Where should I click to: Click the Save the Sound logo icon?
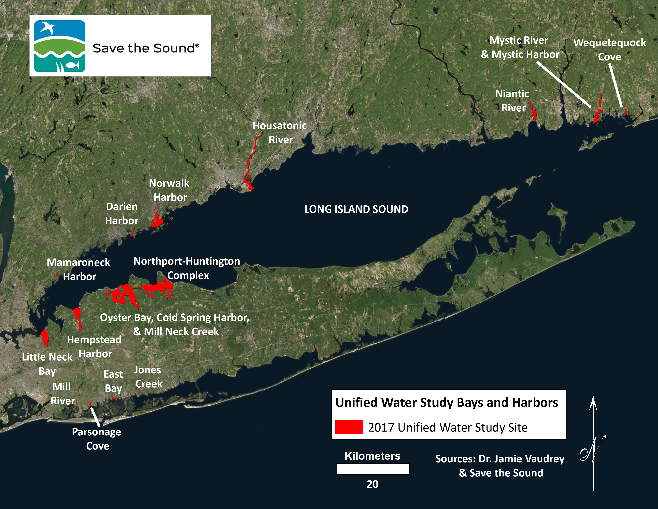click(59, 46)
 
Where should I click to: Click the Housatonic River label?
click(280, 132)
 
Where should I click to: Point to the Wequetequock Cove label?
click(610, 50)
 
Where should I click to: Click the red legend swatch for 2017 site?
click(349, 427)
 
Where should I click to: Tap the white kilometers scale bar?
click(373, 469)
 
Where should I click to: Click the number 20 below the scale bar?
click(372, 484)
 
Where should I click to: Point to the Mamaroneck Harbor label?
click(79, 269)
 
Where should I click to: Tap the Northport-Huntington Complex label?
click(187, 268)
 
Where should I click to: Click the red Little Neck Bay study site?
click(45, 337)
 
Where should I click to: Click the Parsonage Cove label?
click(97, 439)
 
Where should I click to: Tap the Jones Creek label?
click(148, 377)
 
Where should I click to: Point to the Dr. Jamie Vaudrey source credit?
click(500, 459)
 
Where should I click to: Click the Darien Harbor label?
click(122, 214)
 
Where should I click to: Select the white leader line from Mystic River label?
click(564, 85)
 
